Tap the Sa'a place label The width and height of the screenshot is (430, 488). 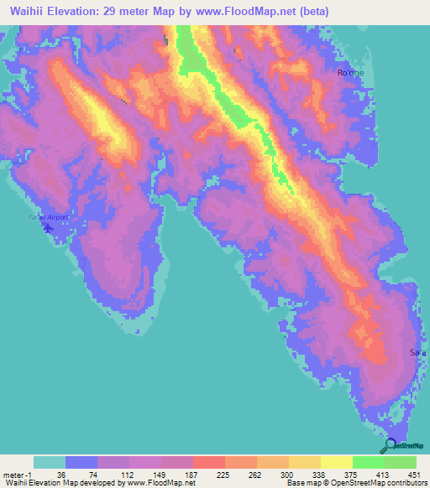click(x=417, y=353)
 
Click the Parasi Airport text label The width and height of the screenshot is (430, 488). click(x=47, y=217)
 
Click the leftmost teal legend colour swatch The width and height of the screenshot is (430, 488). click(x=49, y=462)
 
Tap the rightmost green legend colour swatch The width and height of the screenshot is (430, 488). click(x=401, y=462)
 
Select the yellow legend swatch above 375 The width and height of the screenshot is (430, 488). click(x=337, y=462)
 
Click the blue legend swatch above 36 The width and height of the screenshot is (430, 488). click(x=81, y=462)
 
